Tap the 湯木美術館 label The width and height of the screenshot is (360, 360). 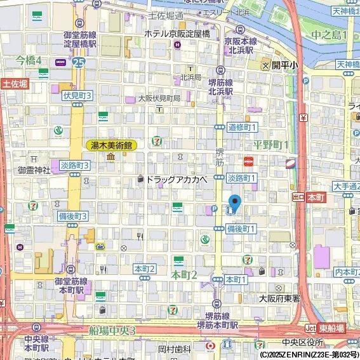110,145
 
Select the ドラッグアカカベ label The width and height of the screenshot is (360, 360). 177,180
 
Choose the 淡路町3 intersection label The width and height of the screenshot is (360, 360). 75,164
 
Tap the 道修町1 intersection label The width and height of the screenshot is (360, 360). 242,127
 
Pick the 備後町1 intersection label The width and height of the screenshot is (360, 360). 241,228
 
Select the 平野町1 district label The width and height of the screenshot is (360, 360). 271,145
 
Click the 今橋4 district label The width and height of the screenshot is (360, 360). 29,60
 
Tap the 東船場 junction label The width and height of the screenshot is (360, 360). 331,328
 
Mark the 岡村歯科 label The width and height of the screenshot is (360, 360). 175,349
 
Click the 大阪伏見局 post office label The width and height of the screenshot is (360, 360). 159,98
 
